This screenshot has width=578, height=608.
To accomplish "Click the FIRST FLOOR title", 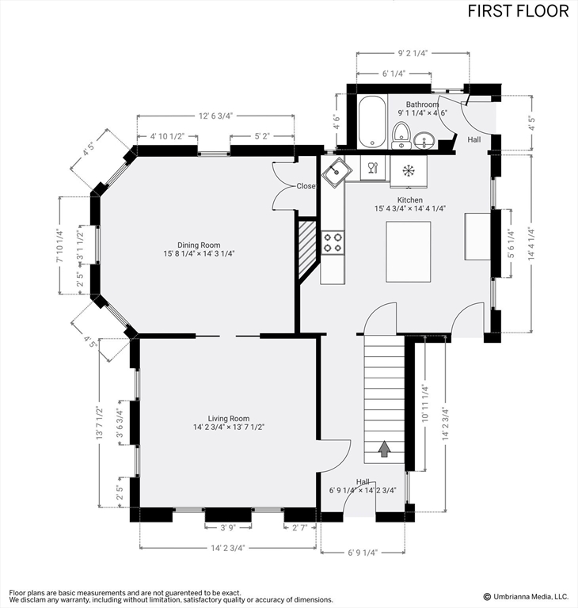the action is tap(518, 11).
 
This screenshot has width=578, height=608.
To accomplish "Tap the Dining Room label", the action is tap(199, 245).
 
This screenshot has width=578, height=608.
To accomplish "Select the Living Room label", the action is tap(229, 418).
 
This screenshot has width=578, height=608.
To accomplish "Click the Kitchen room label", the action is tap(409, 200).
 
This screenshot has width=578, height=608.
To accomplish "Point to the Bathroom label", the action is tap(423, 104).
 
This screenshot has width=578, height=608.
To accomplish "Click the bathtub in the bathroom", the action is tap(372, 122).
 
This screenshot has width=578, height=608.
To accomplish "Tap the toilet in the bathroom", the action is tap(401, 135).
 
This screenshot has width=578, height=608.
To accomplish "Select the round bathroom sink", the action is tap(424, 140).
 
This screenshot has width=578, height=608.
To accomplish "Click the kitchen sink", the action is tap(337, 172).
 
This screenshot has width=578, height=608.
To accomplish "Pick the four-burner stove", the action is tap(333, 242).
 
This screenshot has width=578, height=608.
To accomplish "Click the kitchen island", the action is tap(408, 252).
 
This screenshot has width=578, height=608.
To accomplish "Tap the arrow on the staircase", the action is tap(384, 449).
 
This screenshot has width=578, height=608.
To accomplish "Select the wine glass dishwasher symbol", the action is tap(372, 168).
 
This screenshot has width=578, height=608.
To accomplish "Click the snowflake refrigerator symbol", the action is tap(408, 171).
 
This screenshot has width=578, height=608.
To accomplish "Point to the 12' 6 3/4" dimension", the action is tap(215, 116).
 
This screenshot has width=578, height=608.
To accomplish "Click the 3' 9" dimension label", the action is tap(228, 528).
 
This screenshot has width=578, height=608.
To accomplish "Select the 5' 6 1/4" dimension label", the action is tap(511, 244).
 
